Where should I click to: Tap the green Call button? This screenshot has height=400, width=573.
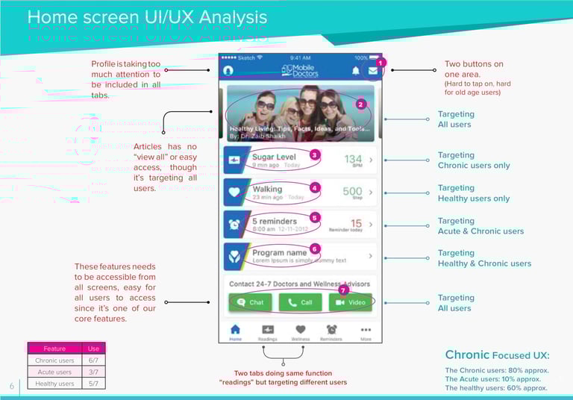coord(300,302)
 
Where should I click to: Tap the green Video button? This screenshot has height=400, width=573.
coord(351,302)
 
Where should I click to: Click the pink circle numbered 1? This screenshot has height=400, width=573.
coord(380,63)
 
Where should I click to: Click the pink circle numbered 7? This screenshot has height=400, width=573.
coord(343,290)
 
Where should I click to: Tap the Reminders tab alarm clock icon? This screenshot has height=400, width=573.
coord(332,329)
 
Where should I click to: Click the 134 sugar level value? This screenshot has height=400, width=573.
coord(353,158)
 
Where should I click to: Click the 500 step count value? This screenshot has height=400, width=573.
coord(352,191)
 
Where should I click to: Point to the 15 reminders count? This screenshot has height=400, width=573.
coord(357,223)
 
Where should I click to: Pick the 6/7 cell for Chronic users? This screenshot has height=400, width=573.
coord(93,360)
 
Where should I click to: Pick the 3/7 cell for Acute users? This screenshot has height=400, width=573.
coord(93,372)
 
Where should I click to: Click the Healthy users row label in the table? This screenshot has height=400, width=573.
coord(54,384)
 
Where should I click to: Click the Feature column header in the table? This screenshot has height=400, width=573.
coord(54,349)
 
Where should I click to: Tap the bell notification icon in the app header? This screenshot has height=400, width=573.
coord(355,70)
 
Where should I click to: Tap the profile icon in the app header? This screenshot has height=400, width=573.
coord(228,70)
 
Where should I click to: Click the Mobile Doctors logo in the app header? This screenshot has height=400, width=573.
coord(298,69)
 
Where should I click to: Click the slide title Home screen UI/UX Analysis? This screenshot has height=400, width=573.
coord(147,17)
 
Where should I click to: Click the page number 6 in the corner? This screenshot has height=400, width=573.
coord(12,386)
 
